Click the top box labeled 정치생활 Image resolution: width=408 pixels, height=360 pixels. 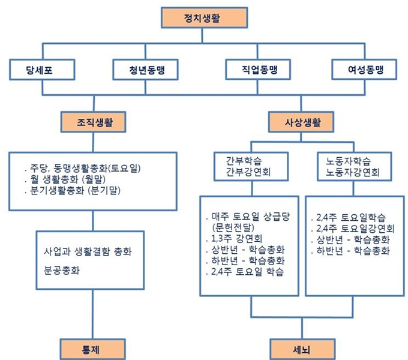204,17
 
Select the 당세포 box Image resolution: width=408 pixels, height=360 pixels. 42,70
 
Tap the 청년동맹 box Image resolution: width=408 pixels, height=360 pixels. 145,70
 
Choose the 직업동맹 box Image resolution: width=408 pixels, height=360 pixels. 258,70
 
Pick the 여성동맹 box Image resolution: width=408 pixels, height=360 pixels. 364,70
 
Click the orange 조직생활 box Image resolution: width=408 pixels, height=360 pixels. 94,122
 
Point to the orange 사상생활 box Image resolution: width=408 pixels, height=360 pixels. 301,122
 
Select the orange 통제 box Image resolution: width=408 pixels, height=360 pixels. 92,349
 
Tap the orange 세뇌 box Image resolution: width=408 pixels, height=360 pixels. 302,349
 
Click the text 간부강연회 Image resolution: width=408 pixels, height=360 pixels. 248,172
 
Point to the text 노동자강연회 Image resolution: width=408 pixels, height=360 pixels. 353,172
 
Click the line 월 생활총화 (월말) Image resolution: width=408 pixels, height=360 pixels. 65,179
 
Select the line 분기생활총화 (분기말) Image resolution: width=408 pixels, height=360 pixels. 73,190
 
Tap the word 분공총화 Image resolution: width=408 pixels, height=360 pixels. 62,270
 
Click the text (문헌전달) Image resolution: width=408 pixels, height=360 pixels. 233,227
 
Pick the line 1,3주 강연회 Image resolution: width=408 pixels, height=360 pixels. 233,238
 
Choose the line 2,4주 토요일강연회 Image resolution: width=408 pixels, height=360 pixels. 353,229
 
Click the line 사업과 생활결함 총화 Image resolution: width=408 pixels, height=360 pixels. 88,251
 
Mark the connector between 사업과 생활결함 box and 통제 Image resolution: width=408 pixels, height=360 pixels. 92,314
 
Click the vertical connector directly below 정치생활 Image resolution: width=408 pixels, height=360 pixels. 202,35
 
